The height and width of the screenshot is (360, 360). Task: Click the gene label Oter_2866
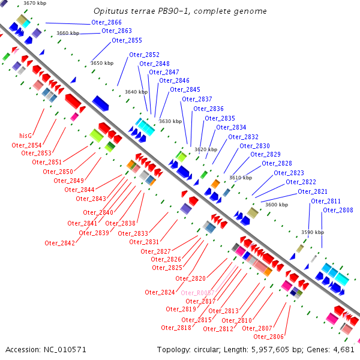tap(106, 22)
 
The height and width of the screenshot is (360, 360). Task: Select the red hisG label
tap(25, 136)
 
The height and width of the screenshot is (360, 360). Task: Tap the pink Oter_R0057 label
tap(197, 293)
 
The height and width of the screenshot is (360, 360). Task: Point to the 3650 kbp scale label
tap(102, 63)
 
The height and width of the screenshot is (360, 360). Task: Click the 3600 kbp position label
tap(277, 205)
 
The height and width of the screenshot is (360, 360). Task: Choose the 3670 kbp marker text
tap(35, 4)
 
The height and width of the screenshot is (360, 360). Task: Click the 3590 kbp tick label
tap(312, 232)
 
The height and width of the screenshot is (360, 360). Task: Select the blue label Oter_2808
tap(338, 210)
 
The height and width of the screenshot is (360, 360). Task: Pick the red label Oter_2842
tap(59, 243)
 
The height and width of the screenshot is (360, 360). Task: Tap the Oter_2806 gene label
tap(268, 337)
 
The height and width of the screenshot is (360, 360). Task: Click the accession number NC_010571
tap(62, 349)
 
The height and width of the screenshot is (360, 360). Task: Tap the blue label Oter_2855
tap(127, 40)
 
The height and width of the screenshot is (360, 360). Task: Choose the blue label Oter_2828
tap(277, 163)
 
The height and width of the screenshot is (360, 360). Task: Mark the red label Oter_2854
tap(26, 145)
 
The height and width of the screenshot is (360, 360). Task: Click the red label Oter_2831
tap(144, 242)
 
